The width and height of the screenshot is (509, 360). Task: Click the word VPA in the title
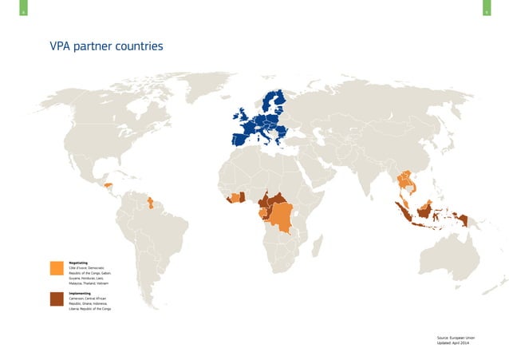coord(61,46)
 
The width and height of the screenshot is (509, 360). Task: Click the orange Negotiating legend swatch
coord(56,268)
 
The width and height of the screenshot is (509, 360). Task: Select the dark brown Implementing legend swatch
coord(56,299)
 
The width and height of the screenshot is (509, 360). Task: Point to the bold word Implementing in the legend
coord(81,293)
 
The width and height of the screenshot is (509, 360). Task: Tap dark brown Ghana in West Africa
coord(242,196)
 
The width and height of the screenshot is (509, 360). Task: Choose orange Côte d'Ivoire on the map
coord(234,196)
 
